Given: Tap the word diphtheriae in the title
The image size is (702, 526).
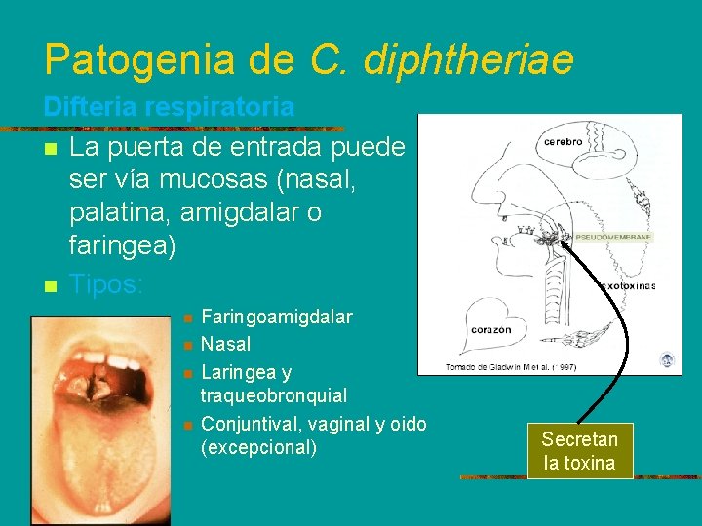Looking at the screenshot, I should coord(467,59).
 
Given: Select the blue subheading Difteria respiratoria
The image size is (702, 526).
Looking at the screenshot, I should coord(169,107).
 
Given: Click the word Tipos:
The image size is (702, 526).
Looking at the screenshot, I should coord(107,284).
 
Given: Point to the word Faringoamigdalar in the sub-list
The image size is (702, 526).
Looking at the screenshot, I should coord(277,318).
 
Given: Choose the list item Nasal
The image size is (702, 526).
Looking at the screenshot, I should coord(225,344).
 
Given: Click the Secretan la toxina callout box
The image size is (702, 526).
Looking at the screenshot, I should coord(579,451).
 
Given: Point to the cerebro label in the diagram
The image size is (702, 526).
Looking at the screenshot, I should coord(563,141).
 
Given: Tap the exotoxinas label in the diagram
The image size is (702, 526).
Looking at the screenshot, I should coord(627,286).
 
